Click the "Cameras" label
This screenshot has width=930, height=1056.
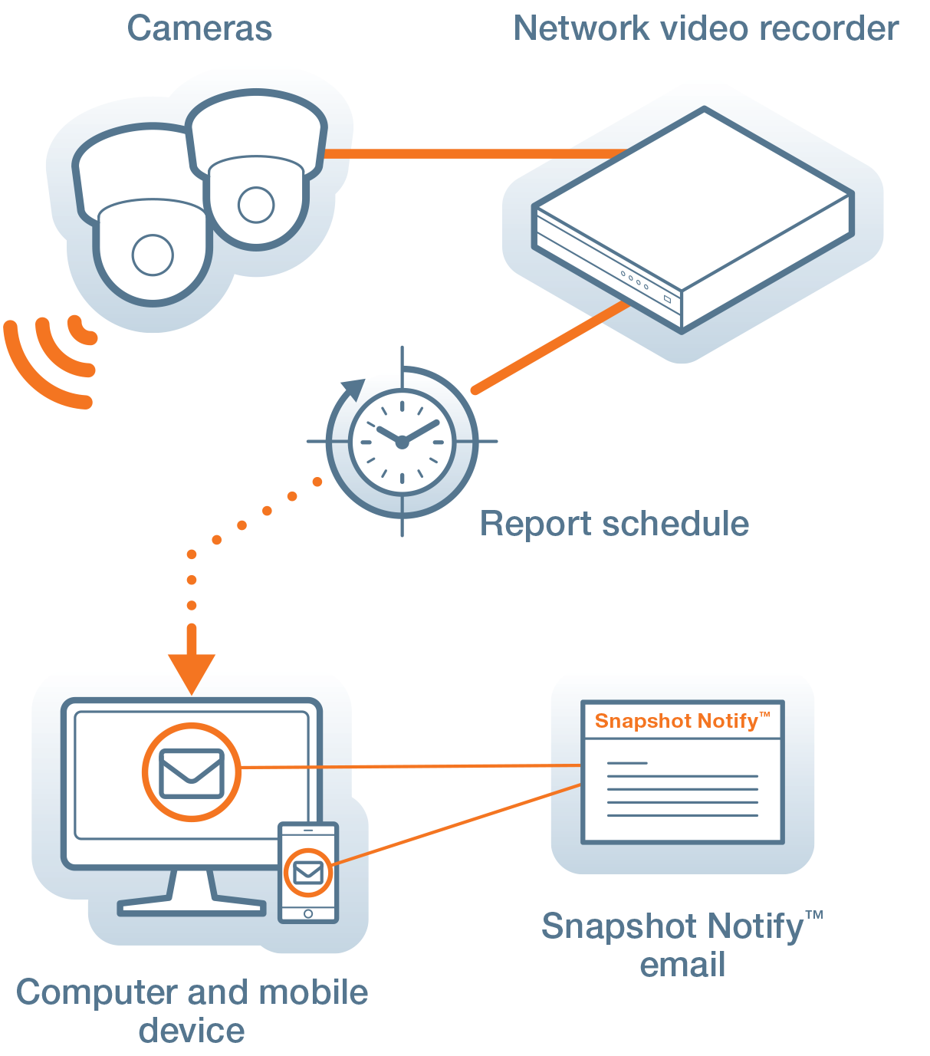point(199,29)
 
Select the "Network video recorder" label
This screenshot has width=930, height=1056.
point(705,29)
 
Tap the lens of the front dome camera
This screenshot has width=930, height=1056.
point(153,255)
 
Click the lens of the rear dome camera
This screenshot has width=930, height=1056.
point(255,204)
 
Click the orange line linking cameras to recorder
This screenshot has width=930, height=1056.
point(475,153)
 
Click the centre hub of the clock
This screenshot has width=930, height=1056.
point(402,442)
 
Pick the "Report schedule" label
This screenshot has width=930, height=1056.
point(614,525)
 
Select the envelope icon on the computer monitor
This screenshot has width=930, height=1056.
point(192,773)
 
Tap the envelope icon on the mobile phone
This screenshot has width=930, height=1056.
point(308,873)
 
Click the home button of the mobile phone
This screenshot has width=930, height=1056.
point(308,913)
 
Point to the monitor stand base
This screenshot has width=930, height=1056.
point(192,907)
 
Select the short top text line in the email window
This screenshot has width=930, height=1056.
point(627,763)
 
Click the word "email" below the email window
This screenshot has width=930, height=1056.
point(682,965)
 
